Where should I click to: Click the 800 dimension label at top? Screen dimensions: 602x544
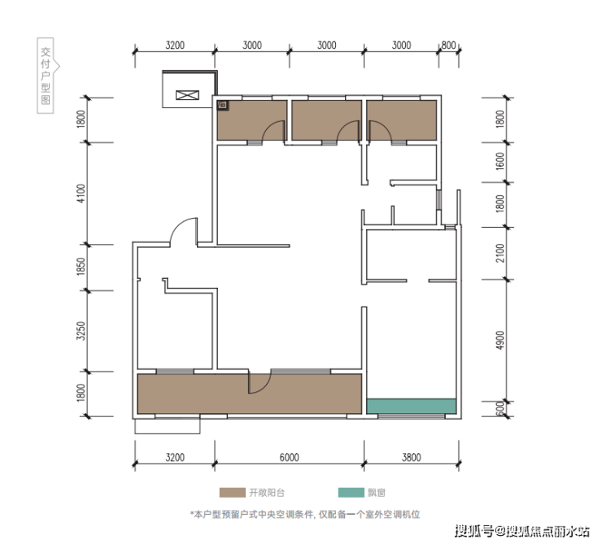click(448, 46)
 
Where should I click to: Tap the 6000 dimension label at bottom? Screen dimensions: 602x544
click(289, 457)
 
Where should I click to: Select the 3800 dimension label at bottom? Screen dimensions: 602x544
click(411, 457)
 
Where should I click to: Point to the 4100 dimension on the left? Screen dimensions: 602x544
click(81, 194)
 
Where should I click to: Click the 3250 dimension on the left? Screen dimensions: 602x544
click(81, 331)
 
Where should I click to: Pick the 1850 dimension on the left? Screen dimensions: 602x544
click(81, 266)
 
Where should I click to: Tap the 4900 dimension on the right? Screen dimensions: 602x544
click(499, 340)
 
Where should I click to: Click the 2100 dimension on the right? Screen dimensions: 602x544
click(499, 253)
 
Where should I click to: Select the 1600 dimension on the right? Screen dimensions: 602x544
click(499, 162)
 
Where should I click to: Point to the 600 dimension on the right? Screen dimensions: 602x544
click(499, 408)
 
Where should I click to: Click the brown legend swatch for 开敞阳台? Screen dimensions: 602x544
click(233, 493)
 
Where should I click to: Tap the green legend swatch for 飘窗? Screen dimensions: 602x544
click(351, 493)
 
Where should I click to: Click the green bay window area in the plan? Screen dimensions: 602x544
click(411, 407)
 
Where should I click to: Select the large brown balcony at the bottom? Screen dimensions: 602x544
click(250, 394)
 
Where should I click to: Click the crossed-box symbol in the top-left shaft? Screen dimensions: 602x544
click(187, 95)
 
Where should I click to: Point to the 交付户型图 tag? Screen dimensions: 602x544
click(46, 76)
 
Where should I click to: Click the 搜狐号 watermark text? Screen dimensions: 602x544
click(474, 531)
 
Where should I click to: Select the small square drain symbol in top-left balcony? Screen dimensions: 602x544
click(223, 105)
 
